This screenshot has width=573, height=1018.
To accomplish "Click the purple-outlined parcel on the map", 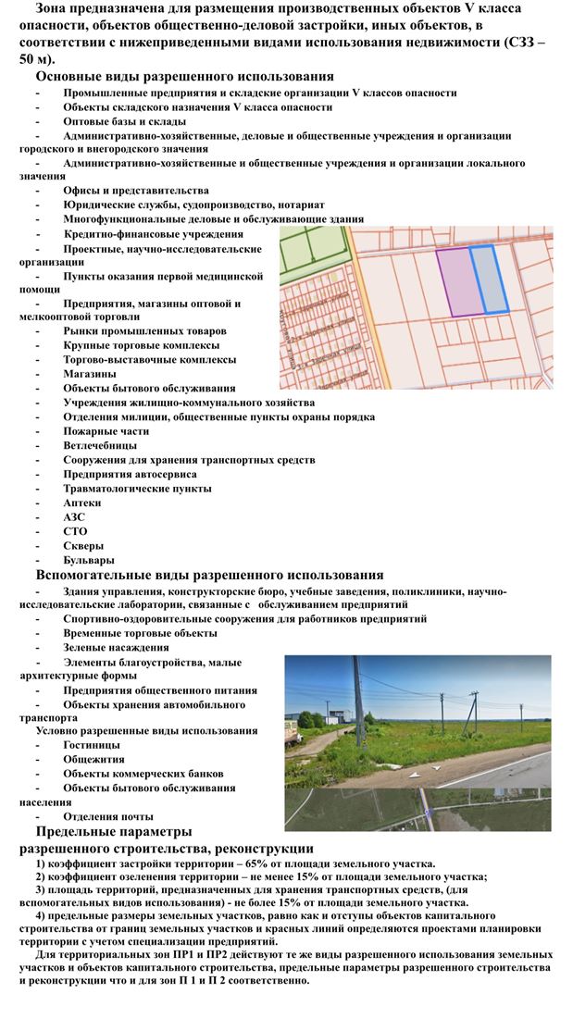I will click(x=454, y=282).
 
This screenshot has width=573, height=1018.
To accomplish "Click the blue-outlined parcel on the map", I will click(x=489, y=279).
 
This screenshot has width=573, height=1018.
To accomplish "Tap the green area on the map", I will click(x=312, y=251).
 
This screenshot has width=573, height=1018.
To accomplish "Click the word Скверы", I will click(x=85, y=545).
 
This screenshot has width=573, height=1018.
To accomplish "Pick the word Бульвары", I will click(x=89, y=560).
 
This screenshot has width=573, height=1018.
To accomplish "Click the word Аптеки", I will click(x=82, y=503).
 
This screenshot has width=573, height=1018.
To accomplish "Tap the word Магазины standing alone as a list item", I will click(x=90, y=374).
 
